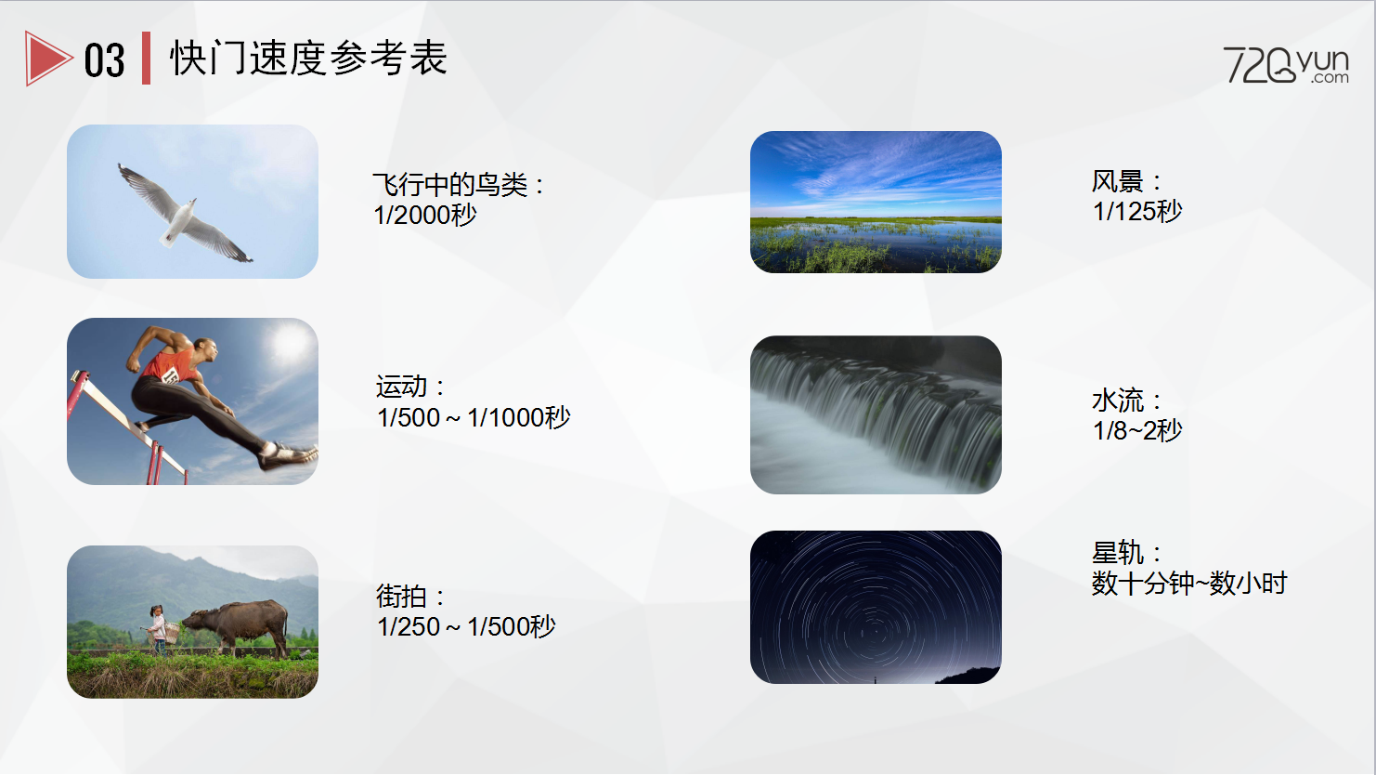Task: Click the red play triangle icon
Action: (x=46, y=59)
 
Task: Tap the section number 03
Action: (x=104, y=60)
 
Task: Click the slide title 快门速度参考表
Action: (x=308, y=58)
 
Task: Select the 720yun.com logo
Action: (x=1286, y=65)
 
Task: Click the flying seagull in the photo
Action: (x=184, y=214)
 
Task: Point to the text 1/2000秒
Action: (x=425, y=215)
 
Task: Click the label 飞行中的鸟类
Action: (x=450, y=184)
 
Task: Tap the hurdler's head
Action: (x=208, y=350)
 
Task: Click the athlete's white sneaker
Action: (x=288, y=455)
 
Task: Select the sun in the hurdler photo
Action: (x=289, y=342)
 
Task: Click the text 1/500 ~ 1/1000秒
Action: (x=474, y=418)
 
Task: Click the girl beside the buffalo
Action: (x=158, y=630)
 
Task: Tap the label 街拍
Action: (x=401, y=597)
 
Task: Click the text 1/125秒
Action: (x=1137, y=212)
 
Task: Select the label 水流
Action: (x=1117, y=401)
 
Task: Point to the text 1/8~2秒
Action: (x=1137, y=430)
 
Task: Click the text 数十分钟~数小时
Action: (x=1188, y=583)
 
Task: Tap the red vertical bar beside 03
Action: (x=146, y=58)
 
